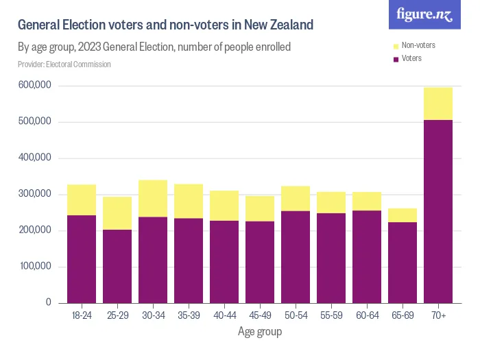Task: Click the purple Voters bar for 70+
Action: [x=438, y=211]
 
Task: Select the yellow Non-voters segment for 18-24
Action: [x=81, y=200]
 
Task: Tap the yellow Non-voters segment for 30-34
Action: [x=152, y=198]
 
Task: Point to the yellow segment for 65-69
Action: [x=403, y=215]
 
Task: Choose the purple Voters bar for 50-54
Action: [x=296, y=256]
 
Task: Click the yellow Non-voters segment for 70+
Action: [x=438, y=104]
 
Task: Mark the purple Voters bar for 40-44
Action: [x=224, y=261]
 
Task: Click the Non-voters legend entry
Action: [x=417, y=45]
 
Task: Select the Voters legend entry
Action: [x=411, y=58]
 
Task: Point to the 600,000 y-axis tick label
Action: [x=34, y=86]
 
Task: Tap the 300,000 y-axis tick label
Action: [x=34, y=194]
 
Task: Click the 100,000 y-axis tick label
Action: [x=34, y=266]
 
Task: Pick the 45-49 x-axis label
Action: [x=259, y=315]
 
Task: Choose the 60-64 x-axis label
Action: [x=367, y=315]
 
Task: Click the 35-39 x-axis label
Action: [x=188, y=315]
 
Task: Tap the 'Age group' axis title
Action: [x=259, y=332]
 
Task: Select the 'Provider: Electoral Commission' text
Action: [x=64, y=64]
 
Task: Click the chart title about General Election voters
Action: [x=165, y=25]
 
